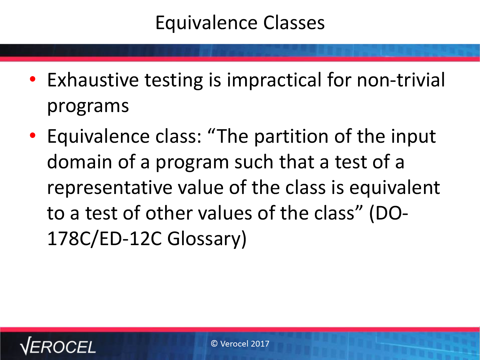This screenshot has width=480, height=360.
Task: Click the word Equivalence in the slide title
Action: coord(206,23)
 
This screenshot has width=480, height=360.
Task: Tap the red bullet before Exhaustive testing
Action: coord(33,79)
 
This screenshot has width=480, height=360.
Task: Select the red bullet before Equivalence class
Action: coord(33,135)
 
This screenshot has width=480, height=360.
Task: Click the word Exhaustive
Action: coord(93,80)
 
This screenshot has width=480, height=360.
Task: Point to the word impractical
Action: coord(274,81)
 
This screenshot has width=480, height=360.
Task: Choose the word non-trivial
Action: coord(401,80)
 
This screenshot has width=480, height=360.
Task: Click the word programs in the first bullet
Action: coord(88,106)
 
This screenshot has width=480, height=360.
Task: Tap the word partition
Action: coord(291,137)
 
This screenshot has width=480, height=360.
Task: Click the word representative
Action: coord(110,188)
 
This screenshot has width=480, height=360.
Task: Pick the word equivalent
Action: coord(395,188)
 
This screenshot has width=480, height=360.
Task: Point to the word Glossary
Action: coord(207,239)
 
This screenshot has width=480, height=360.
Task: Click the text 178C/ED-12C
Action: coord(105,239)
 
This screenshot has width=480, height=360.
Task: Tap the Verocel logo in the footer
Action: coord(58,346)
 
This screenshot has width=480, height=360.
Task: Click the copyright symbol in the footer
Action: coord(214,344)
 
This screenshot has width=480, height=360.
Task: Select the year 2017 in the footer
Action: coord(260,344)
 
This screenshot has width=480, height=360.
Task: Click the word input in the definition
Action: coord(413,137)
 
